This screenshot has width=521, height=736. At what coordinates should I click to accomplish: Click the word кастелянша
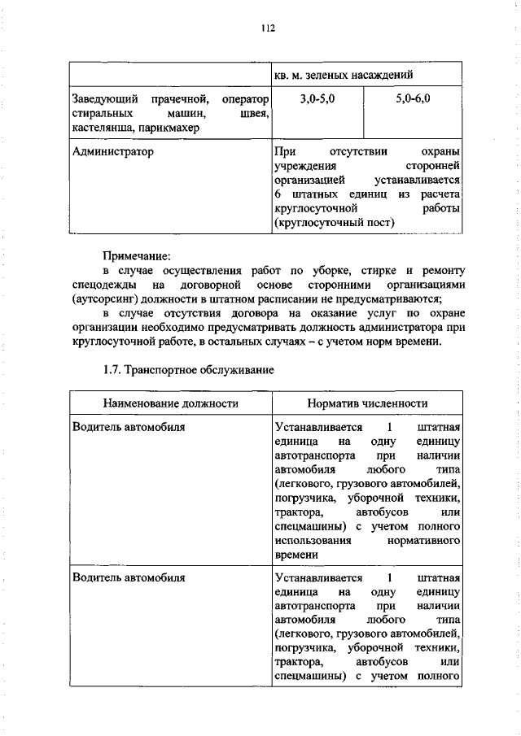[x=103, y=128]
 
